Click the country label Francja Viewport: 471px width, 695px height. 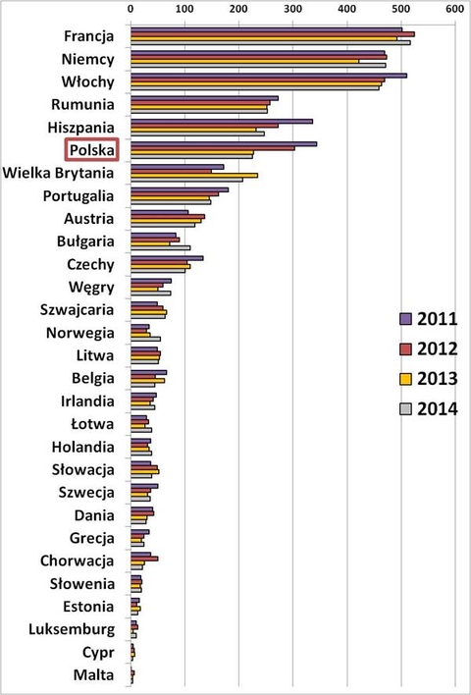(86, 36)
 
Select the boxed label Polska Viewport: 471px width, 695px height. (91, 150)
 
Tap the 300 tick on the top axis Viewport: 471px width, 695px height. (292, 9)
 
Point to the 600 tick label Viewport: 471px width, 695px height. (452, 9)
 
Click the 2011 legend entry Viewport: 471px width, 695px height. (429, 318)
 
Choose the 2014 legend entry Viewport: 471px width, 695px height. (429, 409)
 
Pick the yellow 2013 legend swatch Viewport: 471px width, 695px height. (405, 379)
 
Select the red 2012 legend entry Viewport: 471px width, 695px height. (429, 348)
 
